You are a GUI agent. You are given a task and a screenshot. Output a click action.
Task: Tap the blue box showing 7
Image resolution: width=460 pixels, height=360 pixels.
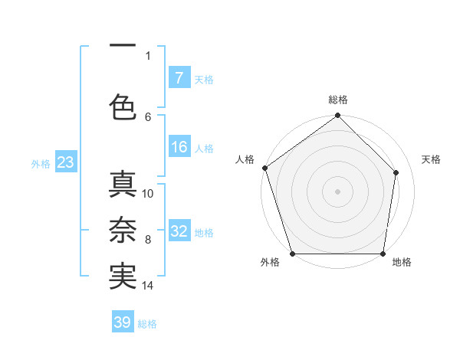tap(179, 78)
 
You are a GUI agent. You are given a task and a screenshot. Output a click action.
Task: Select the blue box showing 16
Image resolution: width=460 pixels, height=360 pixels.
tap(179, 148)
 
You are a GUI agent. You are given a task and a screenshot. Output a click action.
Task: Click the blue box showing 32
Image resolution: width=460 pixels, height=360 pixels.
tap(179, 232)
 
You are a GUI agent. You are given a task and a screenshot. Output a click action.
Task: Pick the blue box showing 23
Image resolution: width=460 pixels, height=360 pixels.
tap(65, 162)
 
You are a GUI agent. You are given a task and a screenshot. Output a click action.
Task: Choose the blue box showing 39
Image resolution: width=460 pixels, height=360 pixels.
tap(123, 322)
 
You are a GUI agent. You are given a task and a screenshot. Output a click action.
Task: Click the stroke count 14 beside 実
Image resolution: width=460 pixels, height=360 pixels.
tap(148, 286)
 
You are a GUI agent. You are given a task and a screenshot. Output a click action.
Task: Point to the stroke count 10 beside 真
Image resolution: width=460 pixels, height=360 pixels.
tap(148, 193)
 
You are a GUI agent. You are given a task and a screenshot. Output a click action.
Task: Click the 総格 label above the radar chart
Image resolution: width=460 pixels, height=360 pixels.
tap(338, 100)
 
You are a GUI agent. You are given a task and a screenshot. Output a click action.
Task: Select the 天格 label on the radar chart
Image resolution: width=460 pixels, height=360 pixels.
tap(431, 159)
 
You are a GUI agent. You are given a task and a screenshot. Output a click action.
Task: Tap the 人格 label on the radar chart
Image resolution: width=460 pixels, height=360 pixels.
tap(245, 159)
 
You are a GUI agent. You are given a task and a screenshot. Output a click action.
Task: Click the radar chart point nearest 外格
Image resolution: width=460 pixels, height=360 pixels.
tap(292, 254)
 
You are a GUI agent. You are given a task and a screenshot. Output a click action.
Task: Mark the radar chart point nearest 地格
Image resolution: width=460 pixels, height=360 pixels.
tap(383, 254)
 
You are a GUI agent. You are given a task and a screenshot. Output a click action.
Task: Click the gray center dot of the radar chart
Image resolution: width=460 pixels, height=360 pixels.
tap(338, 191)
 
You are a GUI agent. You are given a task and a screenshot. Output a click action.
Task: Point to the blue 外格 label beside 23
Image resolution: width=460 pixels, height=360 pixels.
tap(40, 163)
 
